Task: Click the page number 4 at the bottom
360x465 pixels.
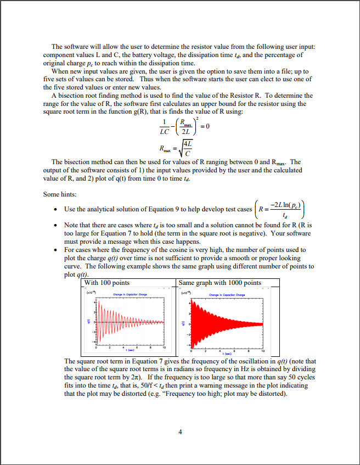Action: [x=180, y=431]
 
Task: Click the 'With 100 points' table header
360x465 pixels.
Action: [x=107, y=283]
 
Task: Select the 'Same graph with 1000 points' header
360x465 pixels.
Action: [x=221, y=283]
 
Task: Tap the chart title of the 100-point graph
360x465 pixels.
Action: [x=128, y=295]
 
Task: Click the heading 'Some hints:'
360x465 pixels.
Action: [x=60, y=194]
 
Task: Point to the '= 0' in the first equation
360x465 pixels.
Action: [x=206, y=126]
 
